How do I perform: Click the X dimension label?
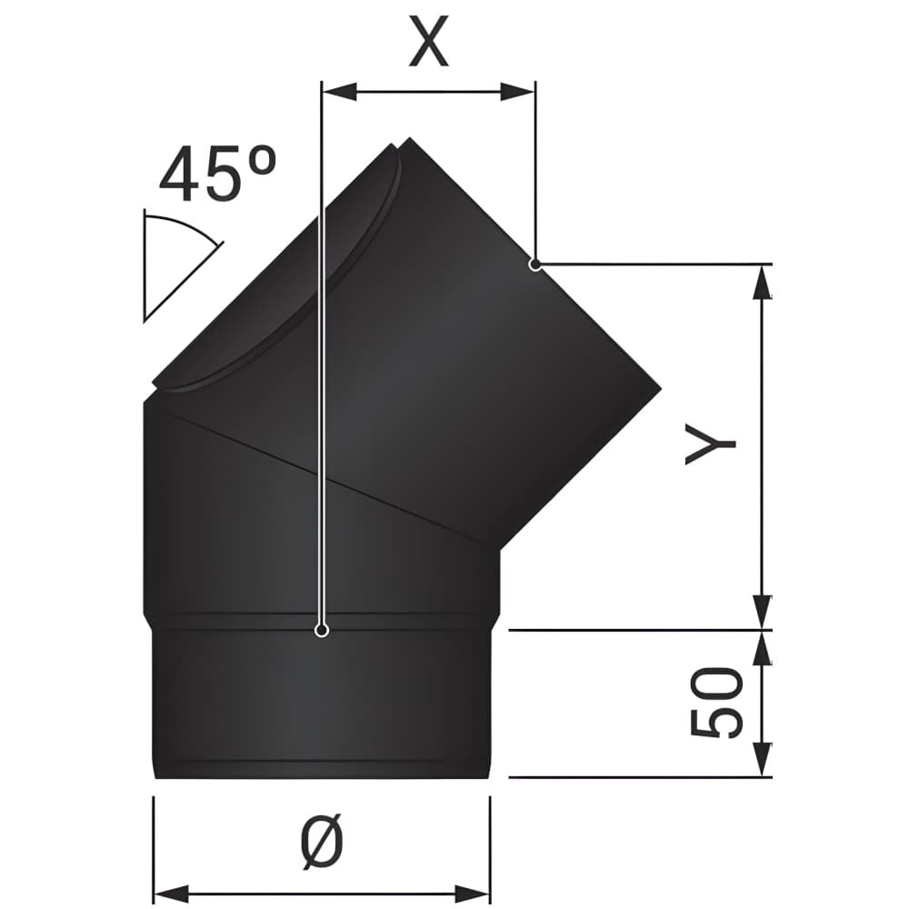point(429,41)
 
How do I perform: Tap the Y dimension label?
point(710,444)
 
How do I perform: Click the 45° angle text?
point(217,173)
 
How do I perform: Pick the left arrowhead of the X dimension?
point(339,92)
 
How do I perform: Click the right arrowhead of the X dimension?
point(517,92)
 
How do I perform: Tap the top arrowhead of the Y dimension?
point(764,282)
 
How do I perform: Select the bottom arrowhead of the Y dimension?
point(764,612)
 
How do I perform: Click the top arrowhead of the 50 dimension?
point(764,647)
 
